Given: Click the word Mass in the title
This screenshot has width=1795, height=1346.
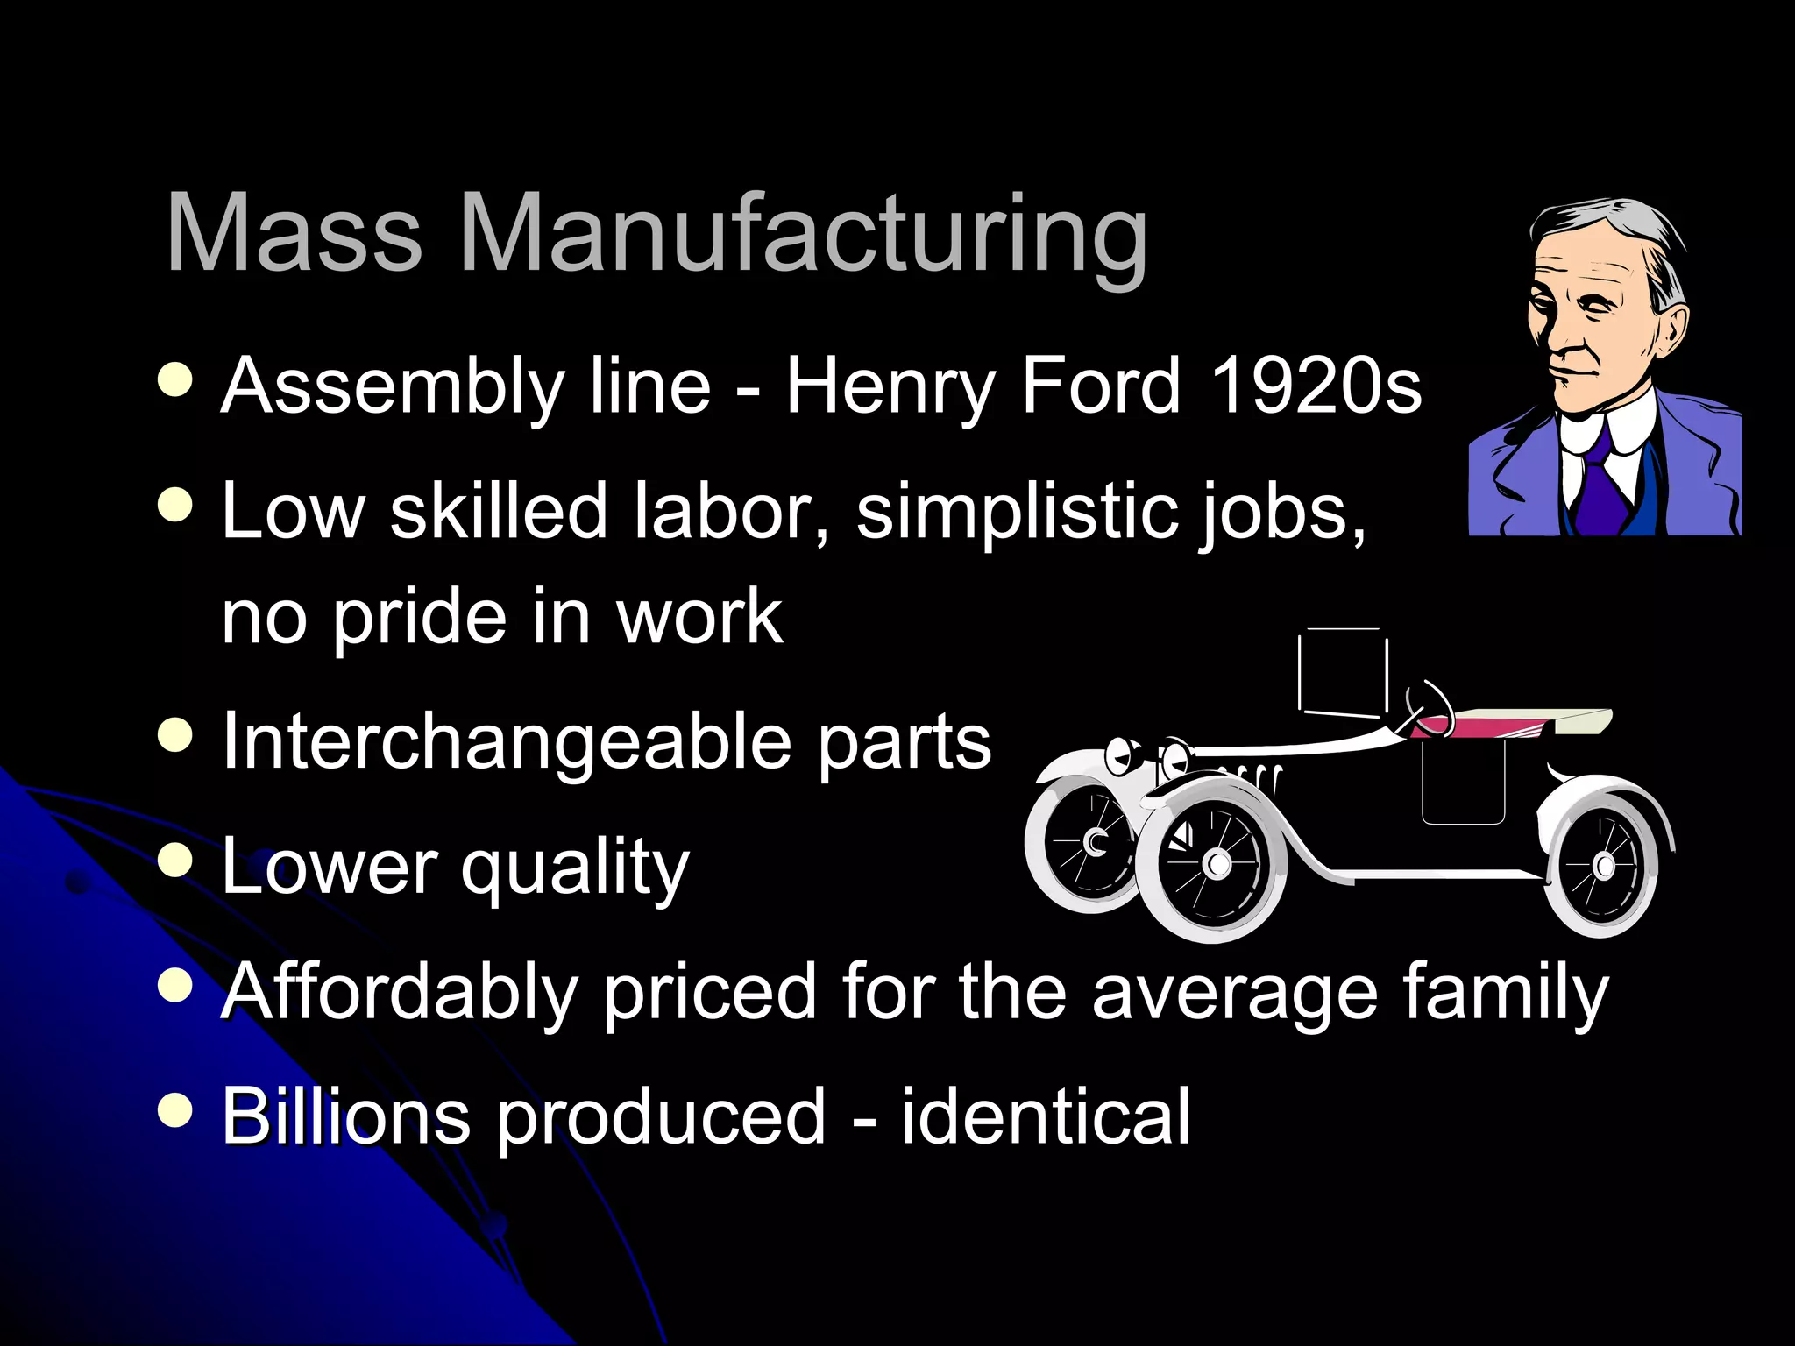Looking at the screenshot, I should tap(294, 235).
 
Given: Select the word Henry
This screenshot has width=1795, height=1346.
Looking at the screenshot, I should tap(890, 387).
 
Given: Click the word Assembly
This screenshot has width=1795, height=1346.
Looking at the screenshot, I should tap(392, 387).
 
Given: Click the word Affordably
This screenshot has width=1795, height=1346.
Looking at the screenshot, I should tap(400, 992).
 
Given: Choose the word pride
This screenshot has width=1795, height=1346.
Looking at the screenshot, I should tap(420, 619).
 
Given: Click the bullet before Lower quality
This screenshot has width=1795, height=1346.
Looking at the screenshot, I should tap(176, 860).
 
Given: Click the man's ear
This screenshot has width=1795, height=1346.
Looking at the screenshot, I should tap(1669, 337).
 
